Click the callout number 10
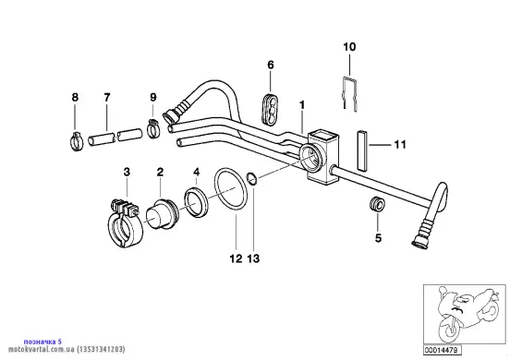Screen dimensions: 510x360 [349, 47]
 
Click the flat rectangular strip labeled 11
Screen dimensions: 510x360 [361, 150]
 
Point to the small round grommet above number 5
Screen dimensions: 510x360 [377, 204]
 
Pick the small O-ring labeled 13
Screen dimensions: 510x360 [253, 179]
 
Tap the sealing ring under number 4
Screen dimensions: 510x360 [196, 201]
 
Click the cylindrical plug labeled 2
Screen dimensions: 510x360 [161, 213]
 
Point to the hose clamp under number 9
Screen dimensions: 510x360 [153, 127]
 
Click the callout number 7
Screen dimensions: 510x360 [107, 97]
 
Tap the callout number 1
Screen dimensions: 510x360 [302, 105]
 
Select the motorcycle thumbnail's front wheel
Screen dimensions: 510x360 [451, 326]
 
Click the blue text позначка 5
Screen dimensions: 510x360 [42, 342]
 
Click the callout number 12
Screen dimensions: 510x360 [236, 259]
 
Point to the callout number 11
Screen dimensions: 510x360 [400, 144]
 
